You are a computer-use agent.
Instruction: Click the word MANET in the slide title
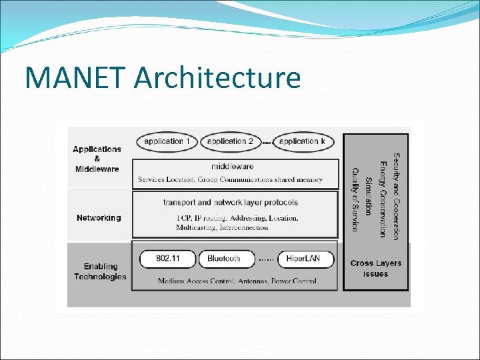pos(75,77)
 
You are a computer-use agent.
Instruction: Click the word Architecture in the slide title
pos(217,77)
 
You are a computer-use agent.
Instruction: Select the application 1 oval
pos(167,141)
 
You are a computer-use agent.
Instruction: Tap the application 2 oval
pos(230,141)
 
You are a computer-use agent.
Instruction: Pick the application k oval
pos(303,141)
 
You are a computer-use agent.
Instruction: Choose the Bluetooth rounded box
pos(224,259)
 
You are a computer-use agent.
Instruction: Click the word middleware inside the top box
pos(232,166)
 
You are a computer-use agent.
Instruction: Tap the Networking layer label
pos(99,218)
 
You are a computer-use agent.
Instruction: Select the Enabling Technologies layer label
pos(100,271)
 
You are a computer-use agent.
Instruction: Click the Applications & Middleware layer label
pos(97,159)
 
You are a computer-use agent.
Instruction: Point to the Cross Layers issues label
pos(375,268)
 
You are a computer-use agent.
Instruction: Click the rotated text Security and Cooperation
pos(396,197)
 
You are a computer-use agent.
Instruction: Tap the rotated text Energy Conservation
pos(383,199)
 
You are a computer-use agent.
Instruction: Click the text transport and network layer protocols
pos(231,202)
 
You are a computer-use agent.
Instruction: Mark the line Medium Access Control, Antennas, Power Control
pos(237,281)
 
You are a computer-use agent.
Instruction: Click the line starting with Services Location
pos(230,179)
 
